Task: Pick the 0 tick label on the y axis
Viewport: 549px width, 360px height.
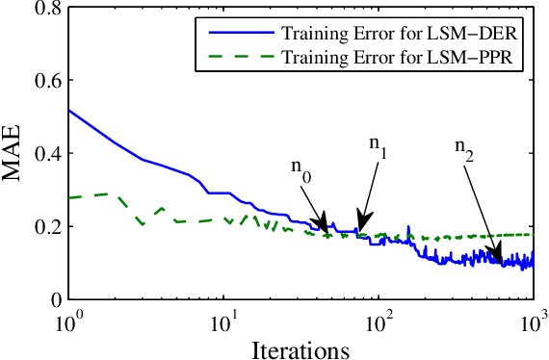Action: click(56, 299)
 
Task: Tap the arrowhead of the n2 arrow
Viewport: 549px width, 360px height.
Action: click(498, 258)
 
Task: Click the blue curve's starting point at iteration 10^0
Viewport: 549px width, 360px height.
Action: click(68, 110)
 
